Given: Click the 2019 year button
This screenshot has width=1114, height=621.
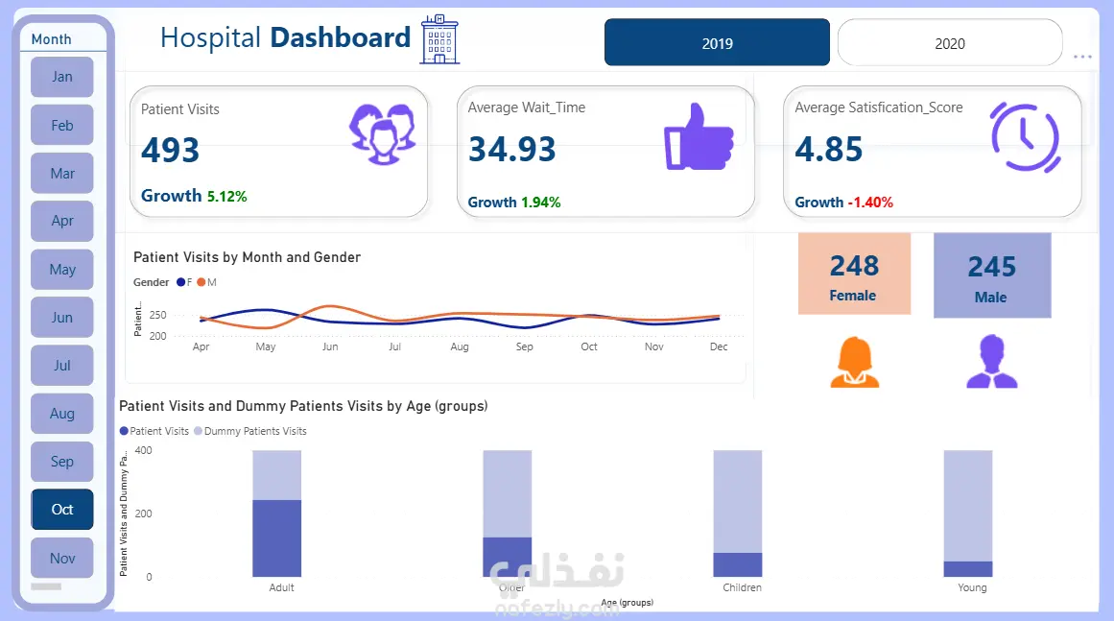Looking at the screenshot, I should (x=717, y=43).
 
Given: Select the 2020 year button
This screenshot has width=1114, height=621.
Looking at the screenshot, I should (x=949, y=43).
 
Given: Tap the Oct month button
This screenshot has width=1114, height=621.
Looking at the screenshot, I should (x=62, y=510).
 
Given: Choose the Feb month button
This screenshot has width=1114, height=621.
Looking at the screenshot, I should (x=62, y=125).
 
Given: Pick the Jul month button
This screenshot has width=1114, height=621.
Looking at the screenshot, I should (x=62, y=366).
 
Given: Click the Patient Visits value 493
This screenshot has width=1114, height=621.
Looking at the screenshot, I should (x=171, y=151).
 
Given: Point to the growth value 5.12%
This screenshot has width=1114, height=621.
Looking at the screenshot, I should (x=226, y=197).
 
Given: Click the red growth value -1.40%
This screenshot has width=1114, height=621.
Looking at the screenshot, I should (x=870, y=203).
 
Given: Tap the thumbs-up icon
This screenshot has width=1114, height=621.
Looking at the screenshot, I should (x=699, y=137).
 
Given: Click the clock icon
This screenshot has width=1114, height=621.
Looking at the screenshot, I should (x=1025, y=137).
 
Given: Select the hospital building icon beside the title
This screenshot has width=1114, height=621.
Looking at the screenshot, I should (x=439, y=40).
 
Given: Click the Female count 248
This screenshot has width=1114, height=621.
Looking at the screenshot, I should (x=854, y=266).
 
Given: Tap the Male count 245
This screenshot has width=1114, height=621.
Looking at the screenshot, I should (x=991, y=267).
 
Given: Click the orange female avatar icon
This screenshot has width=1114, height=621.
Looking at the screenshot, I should (x=854, y=363).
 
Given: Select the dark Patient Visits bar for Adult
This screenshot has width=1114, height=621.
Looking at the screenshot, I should (x=277, y=537).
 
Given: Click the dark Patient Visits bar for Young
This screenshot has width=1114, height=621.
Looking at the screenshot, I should (x=967, y=569).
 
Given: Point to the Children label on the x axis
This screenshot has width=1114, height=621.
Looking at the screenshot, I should (x=742, y=587).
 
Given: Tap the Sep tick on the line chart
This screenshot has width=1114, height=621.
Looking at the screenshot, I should (x=524, y=346).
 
